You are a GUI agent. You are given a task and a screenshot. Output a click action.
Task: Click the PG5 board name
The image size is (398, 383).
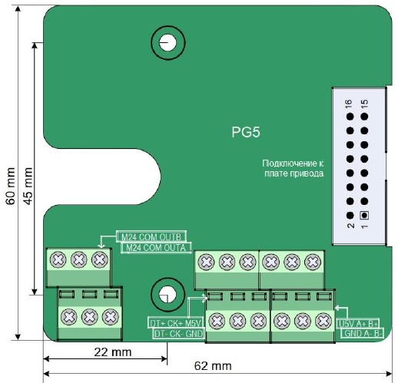coord(246,132)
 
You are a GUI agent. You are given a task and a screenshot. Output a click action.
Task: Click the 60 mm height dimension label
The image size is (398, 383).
coord(11,186)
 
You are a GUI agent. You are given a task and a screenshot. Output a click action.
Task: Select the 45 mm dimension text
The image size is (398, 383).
coord(28,186)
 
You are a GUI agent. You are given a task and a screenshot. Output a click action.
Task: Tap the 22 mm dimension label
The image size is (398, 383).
coord(113,352)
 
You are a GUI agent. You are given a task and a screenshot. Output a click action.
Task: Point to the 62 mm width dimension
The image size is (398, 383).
coord(213,366)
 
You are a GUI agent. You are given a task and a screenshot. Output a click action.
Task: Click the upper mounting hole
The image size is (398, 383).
coord(168,42)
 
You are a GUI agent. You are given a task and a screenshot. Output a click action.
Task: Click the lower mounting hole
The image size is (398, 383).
coord(167,295)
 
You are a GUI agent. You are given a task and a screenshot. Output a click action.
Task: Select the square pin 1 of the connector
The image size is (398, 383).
coord(364,216)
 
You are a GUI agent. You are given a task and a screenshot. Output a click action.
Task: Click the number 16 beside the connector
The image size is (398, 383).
coord(349,102)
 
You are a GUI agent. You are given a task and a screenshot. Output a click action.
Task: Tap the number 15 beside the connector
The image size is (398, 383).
coord(364,102)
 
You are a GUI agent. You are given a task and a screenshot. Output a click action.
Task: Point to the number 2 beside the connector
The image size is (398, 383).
coord(350,226)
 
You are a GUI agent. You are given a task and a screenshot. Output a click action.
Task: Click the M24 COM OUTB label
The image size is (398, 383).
coord(151,237)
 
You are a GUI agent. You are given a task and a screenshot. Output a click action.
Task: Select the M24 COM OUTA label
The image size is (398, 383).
coord(156,248)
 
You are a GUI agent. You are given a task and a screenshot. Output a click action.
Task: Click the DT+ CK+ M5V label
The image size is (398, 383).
coord(176,323)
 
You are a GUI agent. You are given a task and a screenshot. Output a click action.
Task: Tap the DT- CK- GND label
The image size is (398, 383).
coord(178,334)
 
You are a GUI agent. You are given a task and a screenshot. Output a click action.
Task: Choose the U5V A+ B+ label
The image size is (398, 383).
coord(358,324)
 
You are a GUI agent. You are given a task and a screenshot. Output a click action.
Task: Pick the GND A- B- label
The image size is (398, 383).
coord(363,333)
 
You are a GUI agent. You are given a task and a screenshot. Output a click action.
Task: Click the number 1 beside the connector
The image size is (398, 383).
coord(364,226)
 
